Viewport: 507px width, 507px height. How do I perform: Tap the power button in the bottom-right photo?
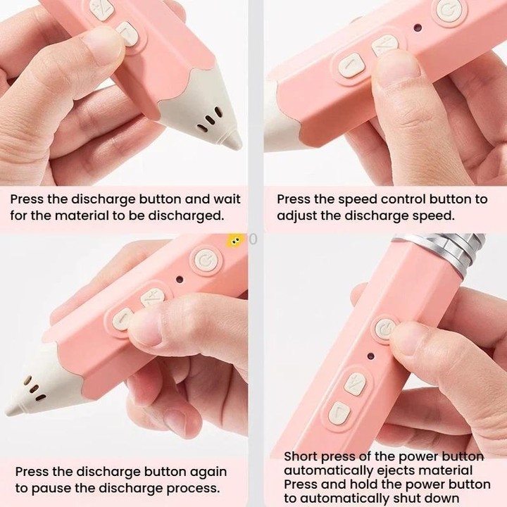[x=385, y=329]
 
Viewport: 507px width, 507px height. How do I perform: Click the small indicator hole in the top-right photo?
[x=418, y=27]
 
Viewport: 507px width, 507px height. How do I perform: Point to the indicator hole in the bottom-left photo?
[x=180, y=280]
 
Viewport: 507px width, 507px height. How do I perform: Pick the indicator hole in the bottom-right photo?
[x=370, y=356]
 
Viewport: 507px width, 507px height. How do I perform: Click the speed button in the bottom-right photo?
[x=355, y=384]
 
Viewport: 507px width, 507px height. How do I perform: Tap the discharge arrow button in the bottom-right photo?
[x=339, y=413]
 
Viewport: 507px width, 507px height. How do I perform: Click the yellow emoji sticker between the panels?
[x=234, y=241]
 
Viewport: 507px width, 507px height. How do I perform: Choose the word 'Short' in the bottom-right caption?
[x=301, y=456]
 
